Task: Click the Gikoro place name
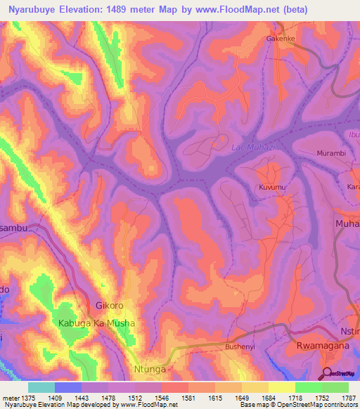click(109, 306)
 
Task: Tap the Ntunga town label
click(150, 368)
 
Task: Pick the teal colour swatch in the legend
click(41, 387)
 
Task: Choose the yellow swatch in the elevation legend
click(281, 387)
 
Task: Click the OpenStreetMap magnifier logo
click(326, 372)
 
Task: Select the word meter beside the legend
click(11, 397)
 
